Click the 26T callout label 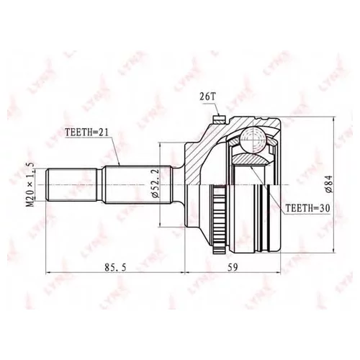click(x=204, y=97)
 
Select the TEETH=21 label click(x=87, y=132)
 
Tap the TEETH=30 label click(x=307, y=208)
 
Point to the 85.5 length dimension click(x=115, y=267)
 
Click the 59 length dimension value click(x=233, y=267)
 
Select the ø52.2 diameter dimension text click(x=156, y=184)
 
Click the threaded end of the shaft click(x=71, y=185)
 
